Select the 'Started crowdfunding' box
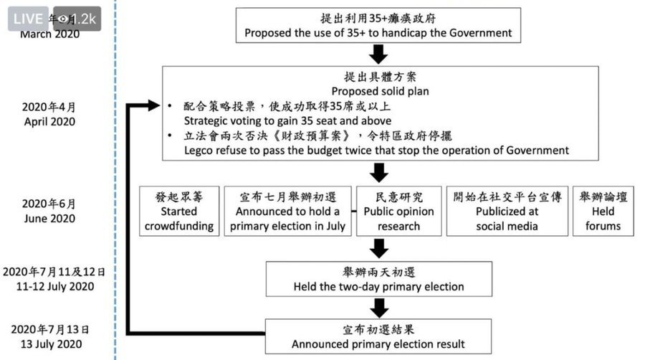pyautogui.click(x=179, y=211)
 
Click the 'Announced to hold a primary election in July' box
pyautogui.click(x=287, y=211)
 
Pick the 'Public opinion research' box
pyautogui.click(x=398, y=211)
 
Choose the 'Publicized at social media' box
pyautogui.click(x=507, y=211)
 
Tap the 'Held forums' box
pyautogui.click(x=603, y=211)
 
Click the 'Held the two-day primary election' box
pyautogui.click(x=378, y=279)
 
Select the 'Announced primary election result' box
pyautogui.click(x=378, y=337)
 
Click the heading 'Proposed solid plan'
pyautogui.click(x=379, y=91)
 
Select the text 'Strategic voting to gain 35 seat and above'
pyautogui.click(x=287, y=121)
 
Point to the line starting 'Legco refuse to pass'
pyautogui.click(x=376, y=151)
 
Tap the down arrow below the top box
pyautogui.click(x=379, y=54)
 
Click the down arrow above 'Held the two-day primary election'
pyautogui.click(x=379, y=249)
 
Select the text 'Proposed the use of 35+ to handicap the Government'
pyautogui.click(x=378, y=32)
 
